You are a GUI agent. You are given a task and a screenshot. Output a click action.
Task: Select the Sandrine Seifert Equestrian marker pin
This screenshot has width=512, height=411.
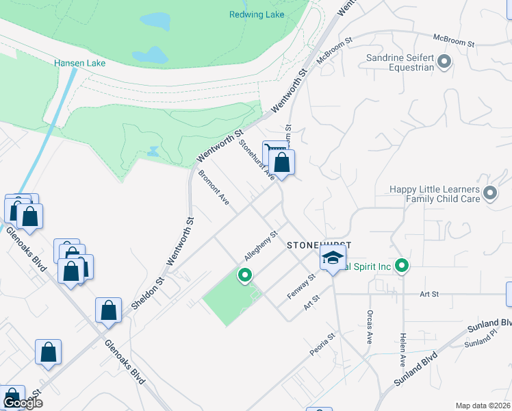pyautogui.click(x=444, y=63)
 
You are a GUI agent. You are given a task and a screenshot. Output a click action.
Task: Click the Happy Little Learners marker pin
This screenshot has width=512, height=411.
pyautogui.click(x=489, y=193)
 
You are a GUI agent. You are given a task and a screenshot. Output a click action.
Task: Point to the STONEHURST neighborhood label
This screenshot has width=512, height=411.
pyautogui.click(x=319, y=245)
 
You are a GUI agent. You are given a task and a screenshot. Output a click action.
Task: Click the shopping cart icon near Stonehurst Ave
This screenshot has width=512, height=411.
pyautogui.click(x=274, y=152)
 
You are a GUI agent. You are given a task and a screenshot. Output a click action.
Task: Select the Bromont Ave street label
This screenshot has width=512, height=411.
pyautogui.click(x=214, y=187)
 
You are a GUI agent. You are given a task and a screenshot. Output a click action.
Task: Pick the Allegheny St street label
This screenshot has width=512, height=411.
pyautogui.click(x=260, y=246)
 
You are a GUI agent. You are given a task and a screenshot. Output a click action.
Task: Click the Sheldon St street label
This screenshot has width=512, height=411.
pyautogui.click(x=149, y=291)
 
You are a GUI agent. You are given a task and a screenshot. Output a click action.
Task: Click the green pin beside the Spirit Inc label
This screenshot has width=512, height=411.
pyautogui.click(x=403, y=265)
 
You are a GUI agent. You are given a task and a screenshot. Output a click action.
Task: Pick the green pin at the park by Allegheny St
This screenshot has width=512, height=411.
pyautogui.click(x=244, y=275)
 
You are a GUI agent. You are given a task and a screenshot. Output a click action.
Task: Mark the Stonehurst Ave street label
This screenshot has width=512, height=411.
pyautogui.click(x=257, y=160)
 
